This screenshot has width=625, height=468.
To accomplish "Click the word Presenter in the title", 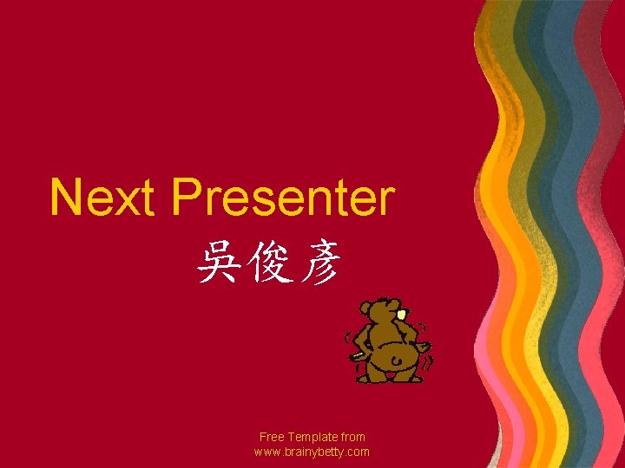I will [283, 198].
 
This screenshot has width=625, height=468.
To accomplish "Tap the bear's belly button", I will [395, 360].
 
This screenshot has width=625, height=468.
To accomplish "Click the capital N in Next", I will [66, 198].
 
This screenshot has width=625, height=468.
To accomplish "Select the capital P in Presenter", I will [187, 198].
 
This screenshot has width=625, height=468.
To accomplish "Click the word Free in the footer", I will [272, 438].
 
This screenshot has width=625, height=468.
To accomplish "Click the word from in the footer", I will [354, 438].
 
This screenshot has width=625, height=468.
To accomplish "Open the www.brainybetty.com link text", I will [312, 452].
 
